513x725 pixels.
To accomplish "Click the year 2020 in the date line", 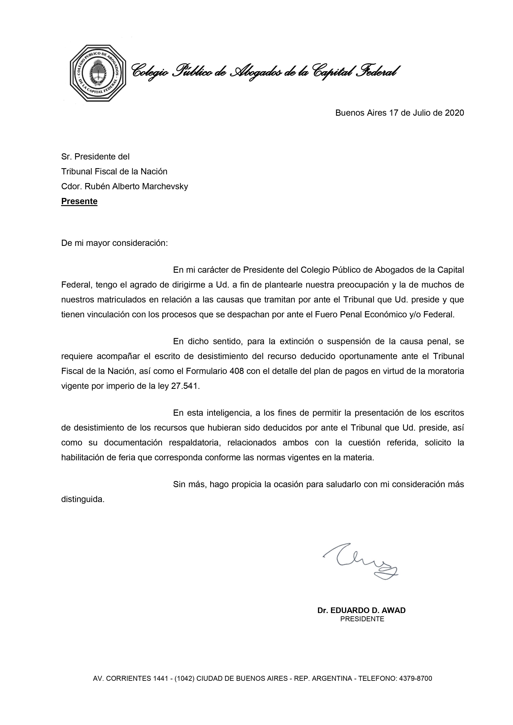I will [x=454, y=113].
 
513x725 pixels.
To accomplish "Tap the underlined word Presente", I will [x=79, y=201].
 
